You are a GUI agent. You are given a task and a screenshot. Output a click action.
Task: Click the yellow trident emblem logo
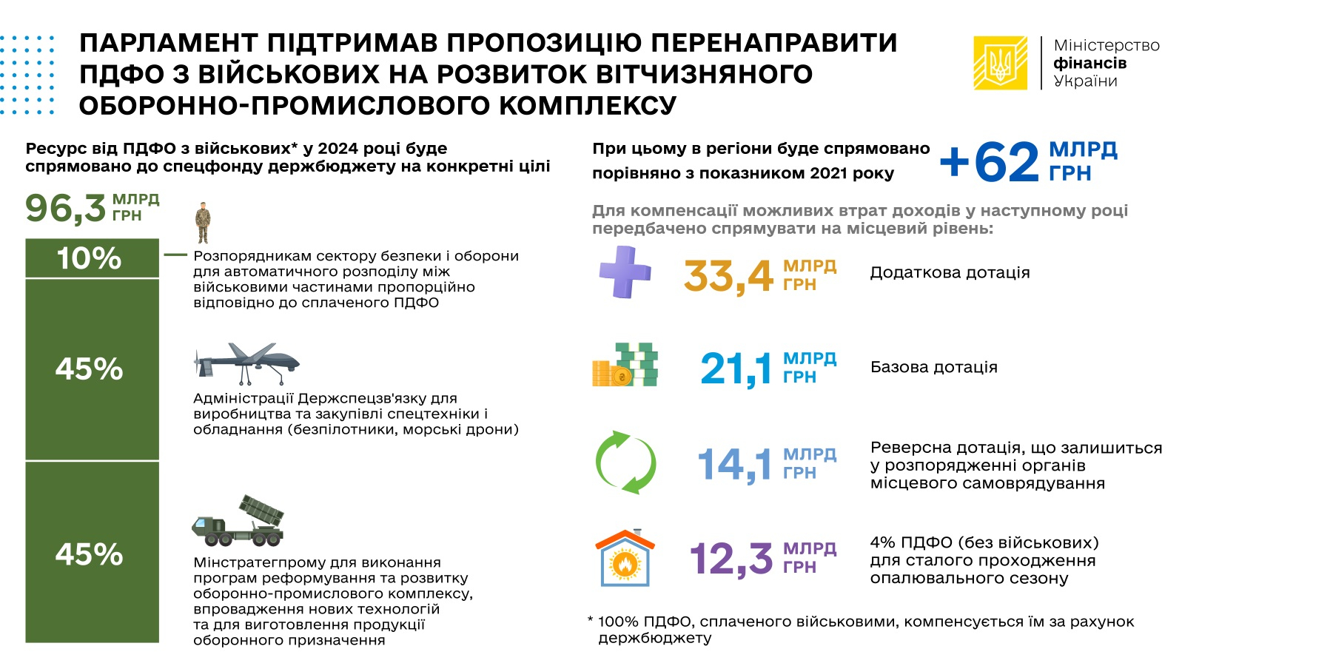(x=1000, y=63)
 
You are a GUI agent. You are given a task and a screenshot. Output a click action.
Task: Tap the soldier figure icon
(x=203, y=222)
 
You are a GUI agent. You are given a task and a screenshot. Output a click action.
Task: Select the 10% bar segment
(x=92, y=258)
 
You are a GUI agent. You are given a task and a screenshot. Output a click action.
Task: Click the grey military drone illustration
(x=246, y=363)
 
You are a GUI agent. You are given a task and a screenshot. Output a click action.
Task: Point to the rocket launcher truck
(x=238, y=521)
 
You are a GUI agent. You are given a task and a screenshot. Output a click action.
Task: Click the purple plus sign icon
(x=625, y=272)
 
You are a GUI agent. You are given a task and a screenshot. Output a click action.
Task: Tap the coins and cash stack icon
(x=625, y=365)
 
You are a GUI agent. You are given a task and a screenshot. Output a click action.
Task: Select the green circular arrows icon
(x=626, y=462)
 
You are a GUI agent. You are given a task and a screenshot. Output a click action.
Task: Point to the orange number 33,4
(x=728, y=276)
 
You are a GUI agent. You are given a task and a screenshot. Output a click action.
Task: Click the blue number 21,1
(x=736, y=369)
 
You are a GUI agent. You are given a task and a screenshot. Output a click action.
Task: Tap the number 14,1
(x=734, y=464)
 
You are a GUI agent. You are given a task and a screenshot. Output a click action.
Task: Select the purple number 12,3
(x=731, y=558)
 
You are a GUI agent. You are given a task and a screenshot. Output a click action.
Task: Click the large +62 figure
(x=990, y=161)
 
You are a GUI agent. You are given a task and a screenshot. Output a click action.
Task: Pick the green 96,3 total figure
(x=66, y=208)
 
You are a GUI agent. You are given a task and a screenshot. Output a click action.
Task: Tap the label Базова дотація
(x=933, y=367)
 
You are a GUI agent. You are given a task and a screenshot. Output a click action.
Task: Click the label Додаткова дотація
(x=950, y=272)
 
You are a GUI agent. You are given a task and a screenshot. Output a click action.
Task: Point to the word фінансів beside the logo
(x=1089, y=64)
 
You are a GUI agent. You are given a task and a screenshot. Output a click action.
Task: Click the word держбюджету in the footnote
(x=654, y=638)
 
